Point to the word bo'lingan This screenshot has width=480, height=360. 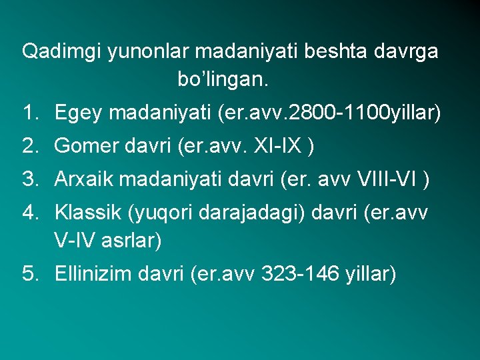click(223, 81)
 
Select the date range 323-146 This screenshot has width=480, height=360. click(300, 273)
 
